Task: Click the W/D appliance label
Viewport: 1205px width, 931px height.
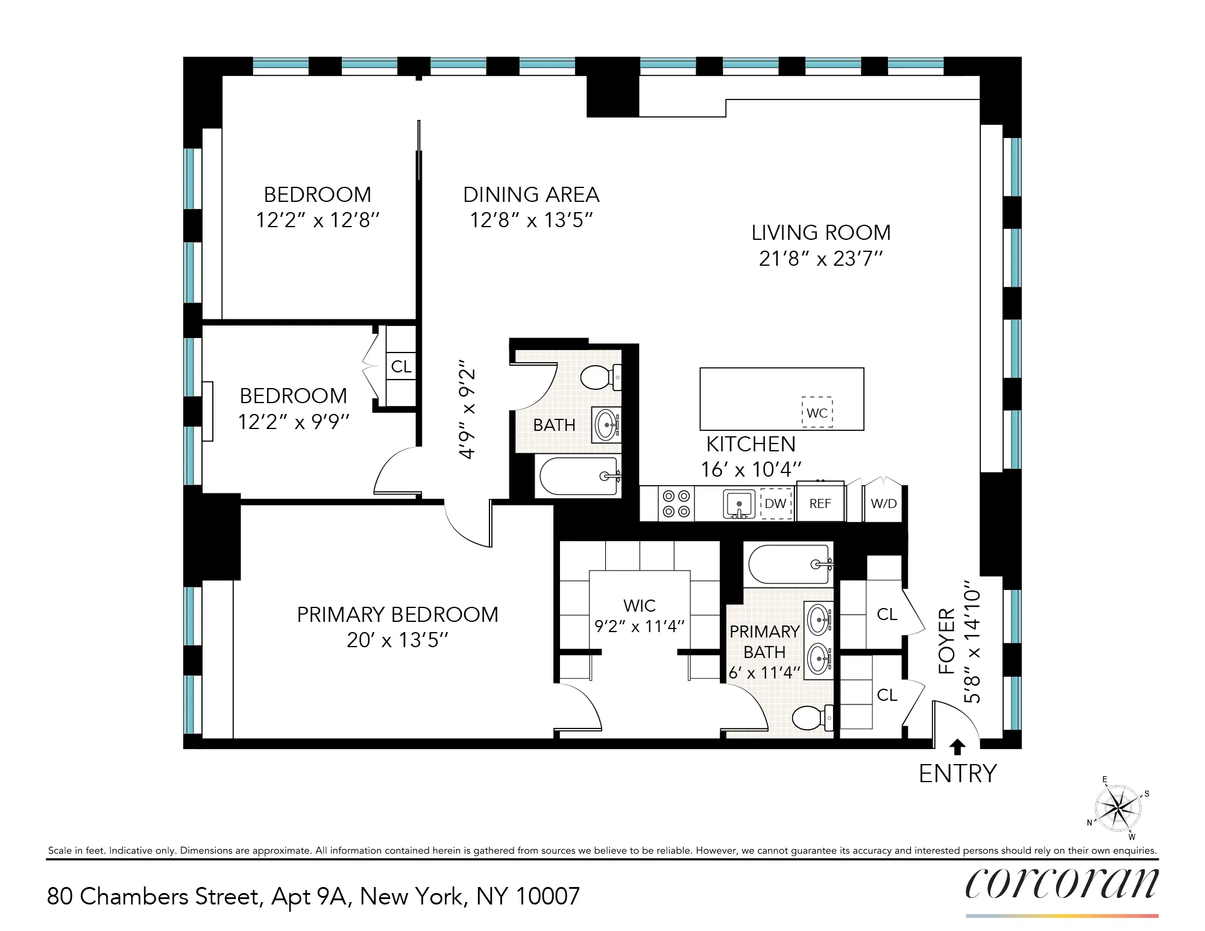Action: [884, 504]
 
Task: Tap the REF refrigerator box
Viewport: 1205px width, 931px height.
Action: [820, 503]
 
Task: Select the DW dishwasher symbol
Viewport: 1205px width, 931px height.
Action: [776, 503]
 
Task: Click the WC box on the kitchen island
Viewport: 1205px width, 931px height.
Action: [817, 413]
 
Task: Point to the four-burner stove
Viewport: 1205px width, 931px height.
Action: [676, 504]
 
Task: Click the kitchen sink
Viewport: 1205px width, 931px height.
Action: [739, 504]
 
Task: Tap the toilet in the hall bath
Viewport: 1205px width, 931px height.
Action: [599, 377]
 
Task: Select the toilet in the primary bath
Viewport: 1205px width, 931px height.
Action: [811, 718]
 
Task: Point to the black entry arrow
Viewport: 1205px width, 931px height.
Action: [957, 747]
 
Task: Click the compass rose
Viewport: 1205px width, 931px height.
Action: [1118, 808]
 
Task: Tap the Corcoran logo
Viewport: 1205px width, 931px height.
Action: [1062, 884]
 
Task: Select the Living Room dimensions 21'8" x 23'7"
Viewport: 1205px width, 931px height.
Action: [820, 259]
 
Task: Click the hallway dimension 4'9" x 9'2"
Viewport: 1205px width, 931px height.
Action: [468, 410]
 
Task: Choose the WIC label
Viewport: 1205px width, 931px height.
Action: [640, 605]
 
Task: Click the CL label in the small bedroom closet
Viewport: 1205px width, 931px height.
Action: [401, 366]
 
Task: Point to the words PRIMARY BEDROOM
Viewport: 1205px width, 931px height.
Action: [397, 615]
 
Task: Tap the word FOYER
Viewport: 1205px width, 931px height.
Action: [947, 641]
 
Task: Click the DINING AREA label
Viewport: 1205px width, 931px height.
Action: [531, 195]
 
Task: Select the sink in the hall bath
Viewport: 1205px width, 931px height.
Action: [606, 425]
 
